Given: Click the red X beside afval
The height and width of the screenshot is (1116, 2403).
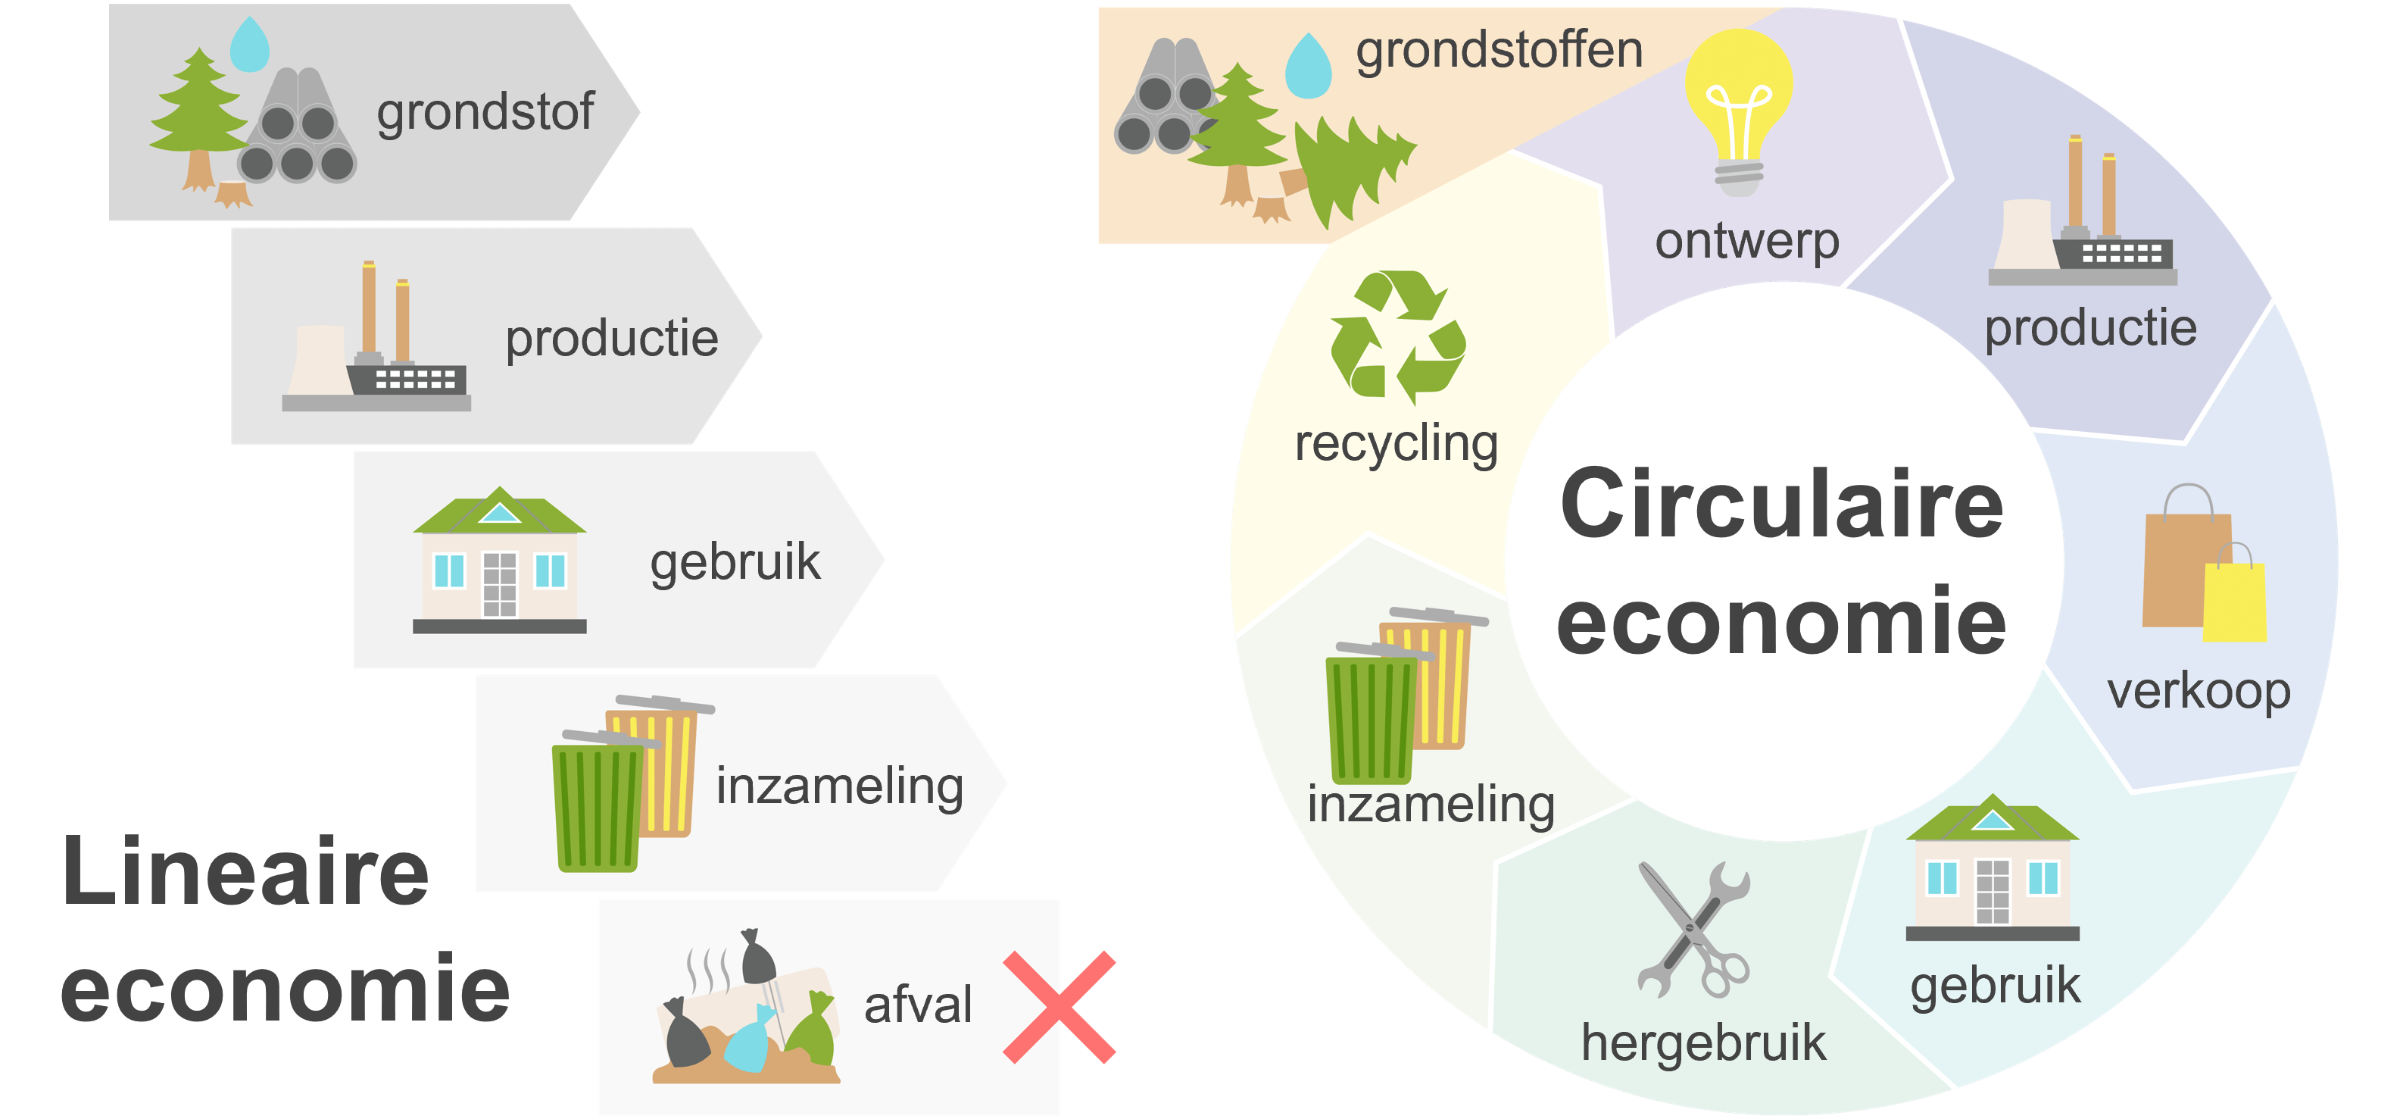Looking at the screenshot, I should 1060,1007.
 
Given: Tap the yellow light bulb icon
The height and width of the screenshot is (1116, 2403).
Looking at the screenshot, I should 1738,102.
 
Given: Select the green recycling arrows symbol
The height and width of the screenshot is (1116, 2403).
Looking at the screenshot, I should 1397,336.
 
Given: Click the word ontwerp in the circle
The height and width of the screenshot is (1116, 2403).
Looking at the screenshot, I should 1746,242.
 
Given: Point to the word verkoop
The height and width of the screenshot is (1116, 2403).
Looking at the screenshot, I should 2199,692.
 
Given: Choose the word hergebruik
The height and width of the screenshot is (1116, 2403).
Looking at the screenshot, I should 1703,1043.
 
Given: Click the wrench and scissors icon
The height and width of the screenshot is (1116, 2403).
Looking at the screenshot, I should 1693,930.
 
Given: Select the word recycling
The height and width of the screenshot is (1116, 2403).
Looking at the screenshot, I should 1397,443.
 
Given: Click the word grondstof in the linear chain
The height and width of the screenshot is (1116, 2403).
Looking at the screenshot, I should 485,113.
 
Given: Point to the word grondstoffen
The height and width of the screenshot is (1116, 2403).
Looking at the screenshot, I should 1499,51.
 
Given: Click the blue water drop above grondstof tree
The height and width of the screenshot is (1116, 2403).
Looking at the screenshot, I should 249,45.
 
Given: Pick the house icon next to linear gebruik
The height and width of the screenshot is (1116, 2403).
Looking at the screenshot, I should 499,560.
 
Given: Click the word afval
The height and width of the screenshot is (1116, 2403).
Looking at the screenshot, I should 918,1005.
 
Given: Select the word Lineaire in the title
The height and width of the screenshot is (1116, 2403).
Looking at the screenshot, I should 245,871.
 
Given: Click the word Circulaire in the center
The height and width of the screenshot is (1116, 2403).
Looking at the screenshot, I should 1782,504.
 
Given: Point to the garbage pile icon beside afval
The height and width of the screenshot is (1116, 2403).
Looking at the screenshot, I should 746,1012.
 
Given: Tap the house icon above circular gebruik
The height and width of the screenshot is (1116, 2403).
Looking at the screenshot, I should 1993,867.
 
